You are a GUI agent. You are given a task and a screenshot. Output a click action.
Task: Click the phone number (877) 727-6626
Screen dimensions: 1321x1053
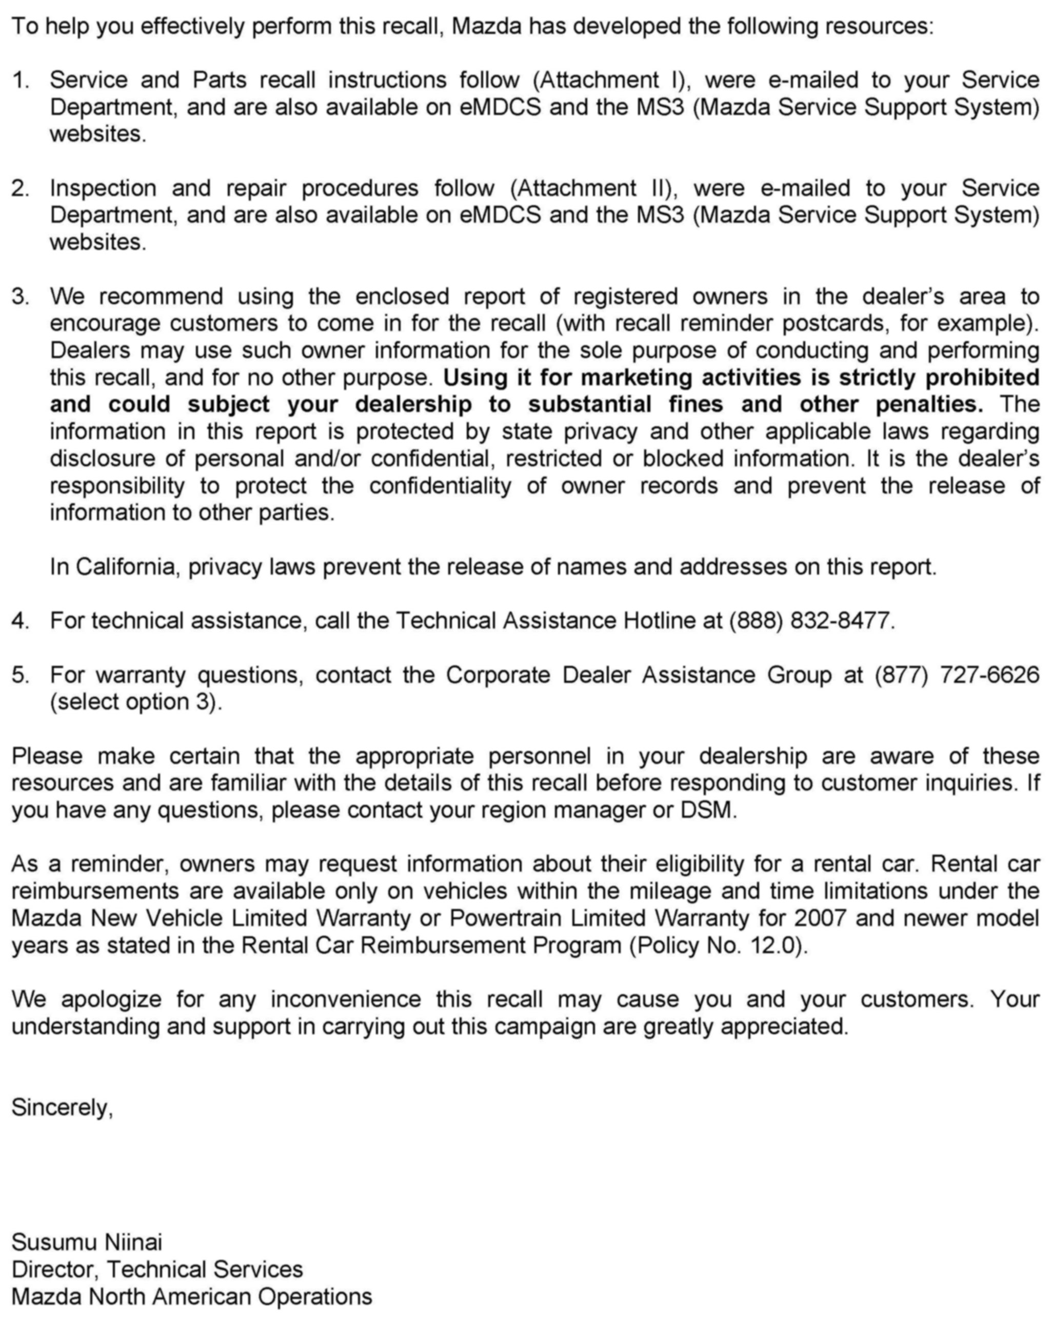click(956, 675)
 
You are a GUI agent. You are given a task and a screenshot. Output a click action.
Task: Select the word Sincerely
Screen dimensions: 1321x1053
click(61, 1107)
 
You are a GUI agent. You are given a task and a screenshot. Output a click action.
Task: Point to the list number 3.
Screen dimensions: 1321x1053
click(19, 297)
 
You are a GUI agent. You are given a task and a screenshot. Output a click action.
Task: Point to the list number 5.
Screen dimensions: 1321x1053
click(19, 675)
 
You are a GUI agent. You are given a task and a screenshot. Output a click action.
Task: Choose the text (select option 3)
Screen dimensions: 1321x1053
click(135, 702)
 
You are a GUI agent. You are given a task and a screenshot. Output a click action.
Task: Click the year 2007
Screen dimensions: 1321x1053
click(820, 918)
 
